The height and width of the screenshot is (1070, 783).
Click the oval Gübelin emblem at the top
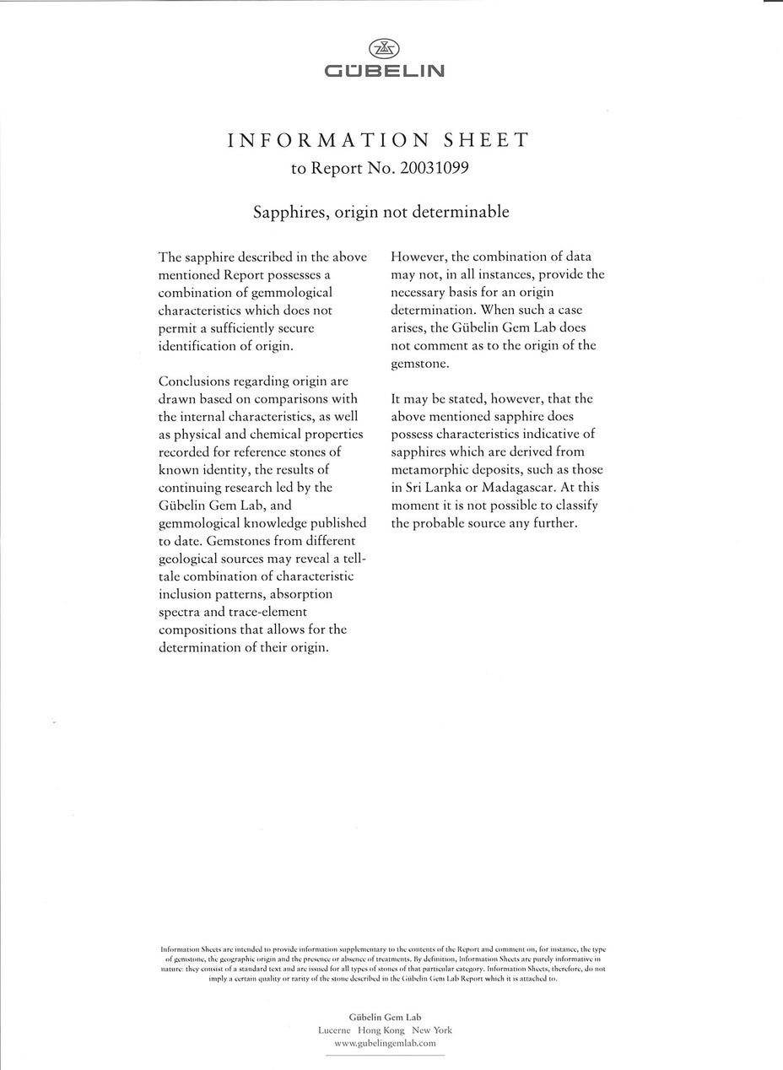(385, 50)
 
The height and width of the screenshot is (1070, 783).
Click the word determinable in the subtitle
(467, 212)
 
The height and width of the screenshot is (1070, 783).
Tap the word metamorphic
(429, 469)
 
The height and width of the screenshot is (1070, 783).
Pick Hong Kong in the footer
(381, 1030)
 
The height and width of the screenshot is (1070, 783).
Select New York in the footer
(432, 1030)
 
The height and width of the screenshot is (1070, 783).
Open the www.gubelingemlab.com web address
(385, 1044)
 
